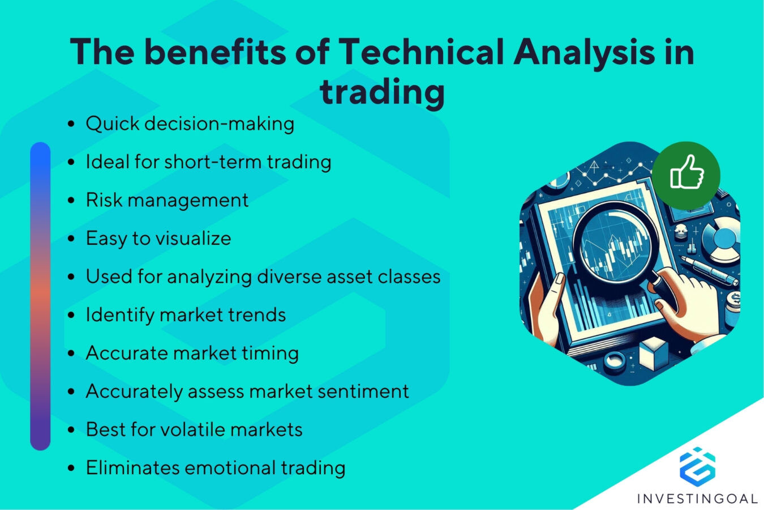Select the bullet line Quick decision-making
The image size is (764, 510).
pyautogui.click(x=190, y=124)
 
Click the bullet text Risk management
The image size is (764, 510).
pyautogui.click(x=167, y=200)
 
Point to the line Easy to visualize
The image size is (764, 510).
pyautogui.click(x=158, y=238)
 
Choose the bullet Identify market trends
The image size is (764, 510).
pyautogui.click(x=186, y=314)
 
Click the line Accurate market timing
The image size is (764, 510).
pyautogui.click(x=192, y=353)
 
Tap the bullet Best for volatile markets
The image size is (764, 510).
pyautogui.click(x=194, y=430)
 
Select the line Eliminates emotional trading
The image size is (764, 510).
pyautogui.click(x=215, y=467)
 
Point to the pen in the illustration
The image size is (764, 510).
pyautogui.click(x=710, y=270)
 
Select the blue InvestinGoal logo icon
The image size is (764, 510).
pyautogui.click(x=697, y=466)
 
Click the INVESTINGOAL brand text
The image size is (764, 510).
pyautogui.click(x=697, y=499)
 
